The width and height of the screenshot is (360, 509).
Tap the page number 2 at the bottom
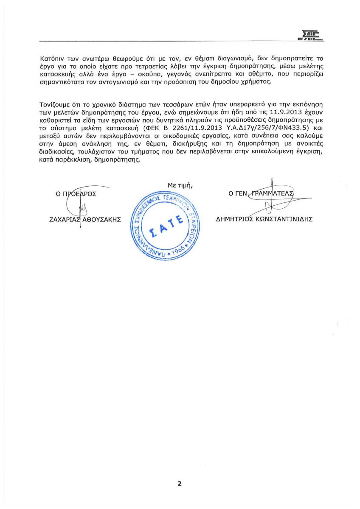pos(180,484)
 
